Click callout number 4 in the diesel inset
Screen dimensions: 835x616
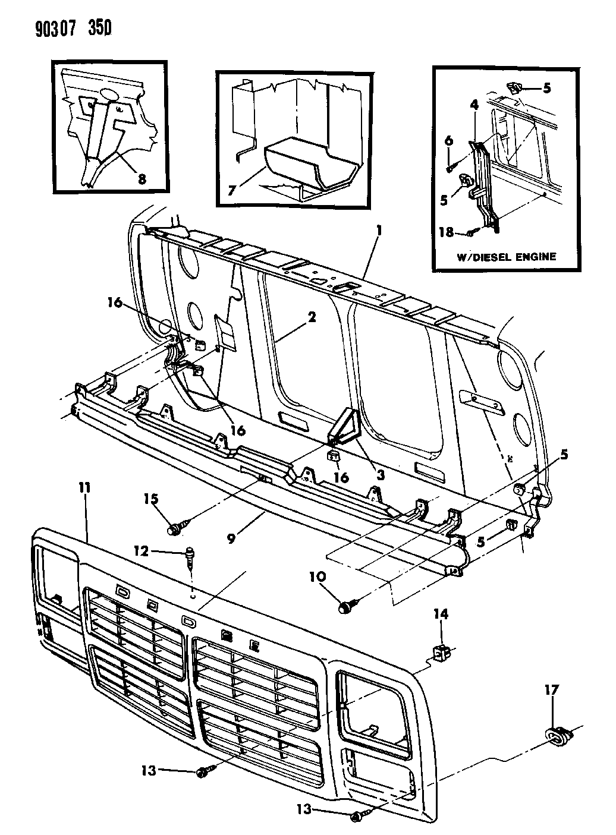(x=474, y=105)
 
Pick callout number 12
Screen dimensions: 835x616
(x=142, y=551)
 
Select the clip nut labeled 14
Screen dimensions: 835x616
(x=442, y=654)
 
